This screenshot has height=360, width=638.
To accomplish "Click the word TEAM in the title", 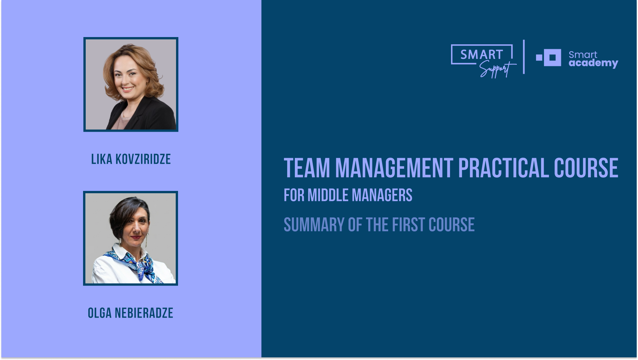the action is pyautogui.click(x=307, y=168).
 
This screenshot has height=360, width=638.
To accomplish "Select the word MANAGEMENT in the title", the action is pyautogui.click(x=394, y=168).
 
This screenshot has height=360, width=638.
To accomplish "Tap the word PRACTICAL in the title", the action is pyautogui.click(x=503, y=168).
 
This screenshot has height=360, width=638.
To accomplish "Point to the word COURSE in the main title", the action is pyautogui.click(x=586, y=168).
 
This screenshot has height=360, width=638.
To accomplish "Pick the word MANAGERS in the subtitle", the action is pyautogui.click(x=382, y=195).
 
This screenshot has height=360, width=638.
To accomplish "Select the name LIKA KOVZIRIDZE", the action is pyautogui.click(x=131, y=159).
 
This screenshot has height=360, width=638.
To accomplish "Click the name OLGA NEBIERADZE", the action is pyautogui.click(x=130, y=313).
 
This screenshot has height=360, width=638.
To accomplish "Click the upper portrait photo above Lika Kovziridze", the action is pyautogui.click(x=131, y=84).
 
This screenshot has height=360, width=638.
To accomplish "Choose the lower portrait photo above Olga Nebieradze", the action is pyautogui.click(x=130, y=238).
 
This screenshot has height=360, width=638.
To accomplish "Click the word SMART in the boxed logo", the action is pyautogui.click(x=481, y=55).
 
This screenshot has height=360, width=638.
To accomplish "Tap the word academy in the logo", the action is pyautogui.click(x=593, y=63).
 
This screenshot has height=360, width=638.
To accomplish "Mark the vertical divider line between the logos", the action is pyautogui.click(x=524, y=57).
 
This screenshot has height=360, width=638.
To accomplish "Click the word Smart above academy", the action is pyautogui.click(x=583, y=55).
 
